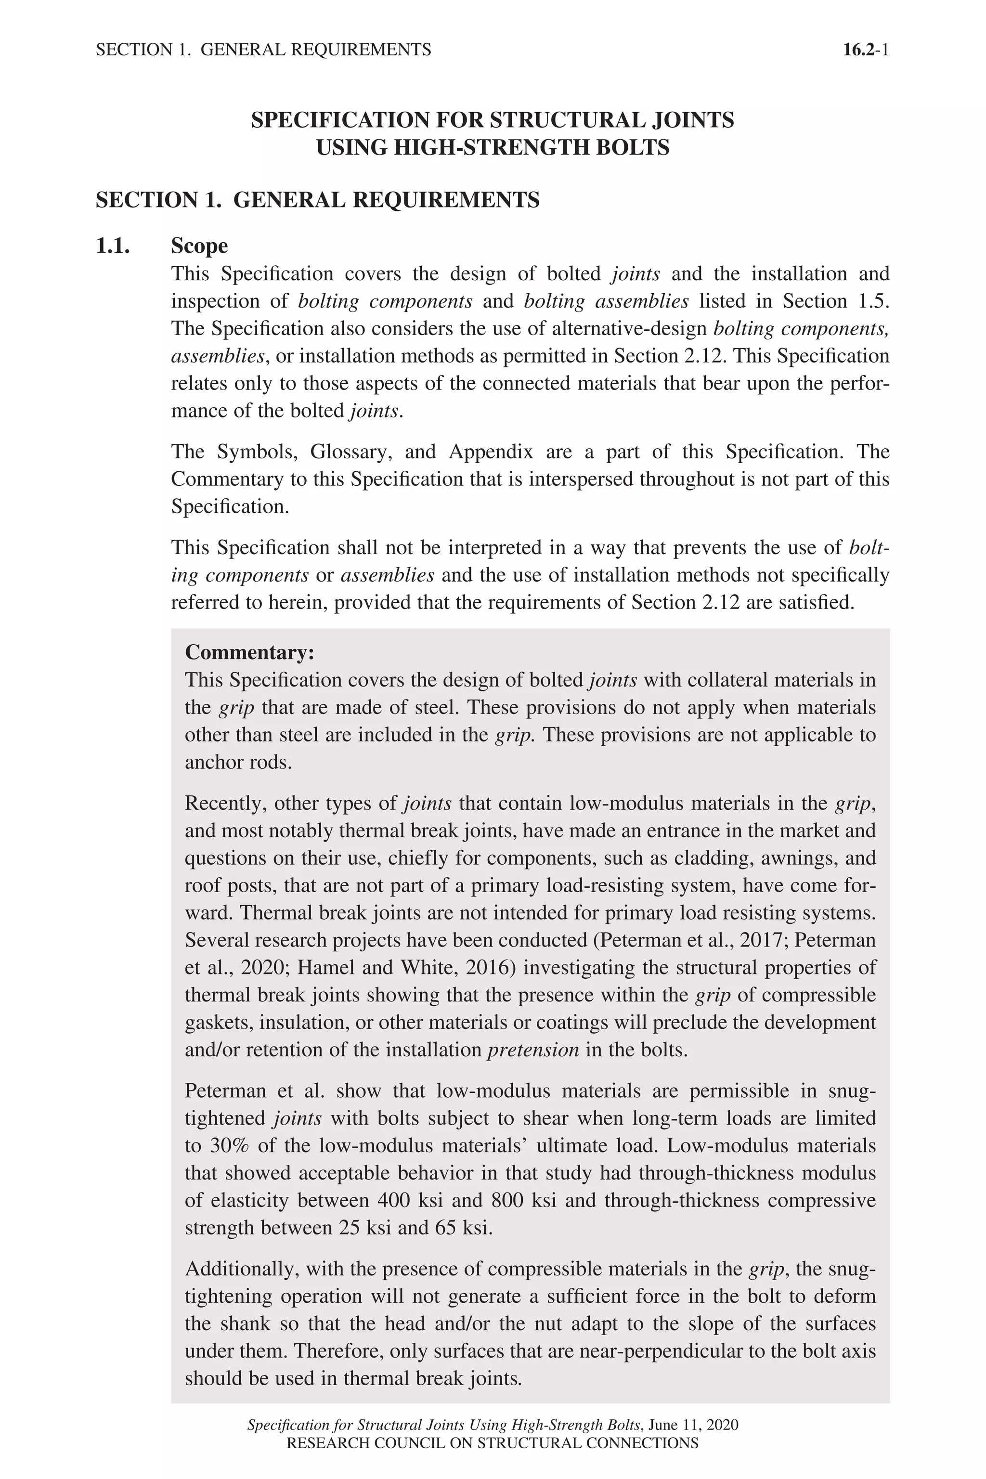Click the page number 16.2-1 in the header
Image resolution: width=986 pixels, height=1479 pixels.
point(865,50)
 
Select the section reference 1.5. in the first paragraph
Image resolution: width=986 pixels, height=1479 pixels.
point(874,301)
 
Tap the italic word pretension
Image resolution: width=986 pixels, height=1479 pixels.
point(533,1050)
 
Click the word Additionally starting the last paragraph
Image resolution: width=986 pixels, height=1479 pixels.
point(242,1269)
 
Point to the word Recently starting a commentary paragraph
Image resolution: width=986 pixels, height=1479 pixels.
point(226,803)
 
